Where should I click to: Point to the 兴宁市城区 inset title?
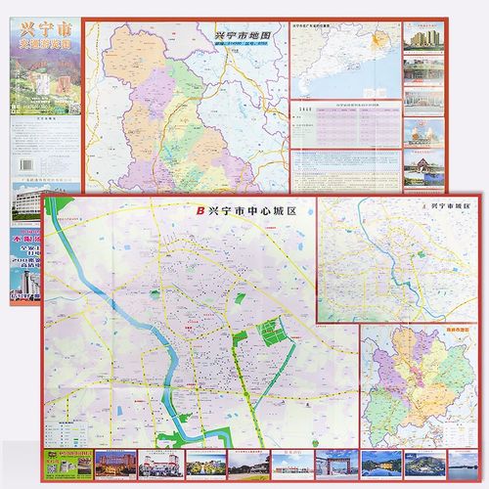point(450,207)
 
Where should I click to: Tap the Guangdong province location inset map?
point(344,64)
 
